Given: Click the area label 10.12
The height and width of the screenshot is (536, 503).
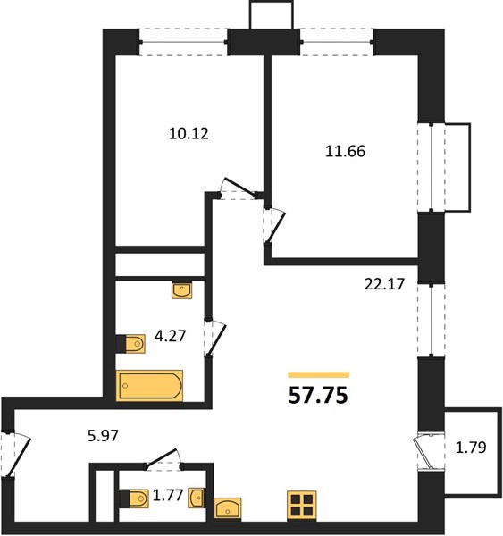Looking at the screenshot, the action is (x=189, y=133).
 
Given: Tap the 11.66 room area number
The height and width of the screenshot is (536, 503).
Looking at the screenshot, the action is (x=345, y=151).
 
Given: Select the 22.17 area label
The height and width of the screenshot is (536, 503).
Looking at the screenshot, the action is (x=384, y=284).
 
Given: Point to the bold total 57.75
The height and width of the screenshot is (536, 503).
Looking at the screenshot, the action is (x=318, y=396).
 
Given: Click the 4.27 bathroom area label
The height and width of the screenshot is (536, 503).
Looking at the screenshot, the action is (x=170, y=336).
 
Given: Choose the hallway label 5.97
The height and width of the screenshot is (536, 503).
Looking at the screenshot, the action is (x=103, y=436).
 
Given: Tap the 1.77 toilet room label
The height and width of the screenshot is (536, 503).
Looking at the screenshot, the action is (x=168, y=495).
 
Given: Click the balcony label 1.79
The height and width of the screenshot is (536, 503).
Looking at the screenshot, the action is (x=471, y=448).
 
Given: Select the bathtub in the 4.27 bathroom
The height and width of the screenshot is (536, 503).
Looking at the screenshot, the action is (x=149, y=386).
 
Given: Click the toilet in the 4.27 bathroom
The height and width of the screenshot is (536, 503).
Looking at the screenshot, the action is (x=130, y=344).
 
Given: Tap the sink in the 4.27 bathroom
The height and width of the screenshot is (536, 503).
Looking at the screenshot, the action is (x=182, y=290).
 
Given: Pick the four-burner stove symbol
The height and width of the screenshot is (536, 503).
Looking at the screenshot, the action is (x=302, y=506).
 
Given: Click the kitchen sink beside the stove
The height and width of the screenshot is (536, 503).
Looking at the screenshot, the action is (x=228, y=508).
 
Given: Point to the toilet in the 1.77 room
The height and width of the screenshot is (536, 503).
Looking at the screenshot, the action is (x=134, y=498).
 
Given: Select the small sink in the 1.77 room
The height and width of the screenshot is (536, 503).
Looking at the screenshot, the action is (x=197, y=498).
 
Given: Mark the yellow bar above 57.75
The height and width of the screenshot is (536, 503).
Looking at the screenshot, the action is (x=318, y=375).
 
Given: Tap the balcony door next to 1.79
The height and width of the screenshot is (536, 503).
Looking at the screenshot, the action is (x=422, y=451).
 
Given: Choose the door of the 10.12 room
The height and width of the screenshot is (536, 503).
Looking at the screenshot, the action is (x=239, y=188).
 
